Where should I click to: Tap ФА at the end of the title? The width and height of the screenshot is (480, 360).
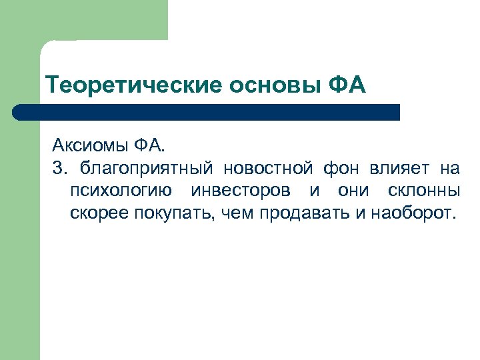(347, 85)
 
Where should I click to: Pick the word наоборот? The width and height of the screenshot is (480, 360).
(411, 213)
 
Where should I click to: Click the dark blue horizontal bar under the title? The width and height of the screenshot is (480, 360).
(207, 112)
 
